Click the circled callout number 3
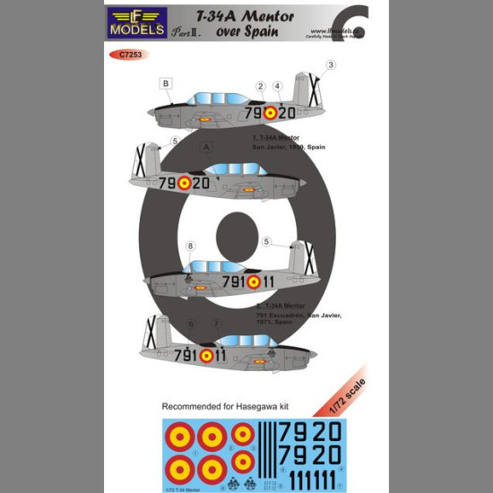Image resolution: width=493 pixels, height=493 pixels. click(331, 65)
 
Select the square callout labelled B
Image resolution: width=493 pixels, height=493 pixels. click(166, 84)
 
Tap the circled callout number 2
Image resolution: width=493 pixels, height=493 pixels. click(260, 86)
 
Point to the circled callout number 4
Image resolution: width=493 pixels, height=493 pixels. click(278, 86)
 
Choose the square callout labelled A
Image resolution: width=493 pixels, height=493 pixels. click(207, 147)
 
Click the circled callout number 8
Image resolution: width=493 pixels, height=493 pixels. click(189, 246)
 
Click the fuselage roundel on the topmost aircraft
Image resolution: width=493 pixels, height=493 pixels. click(270, 114)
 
